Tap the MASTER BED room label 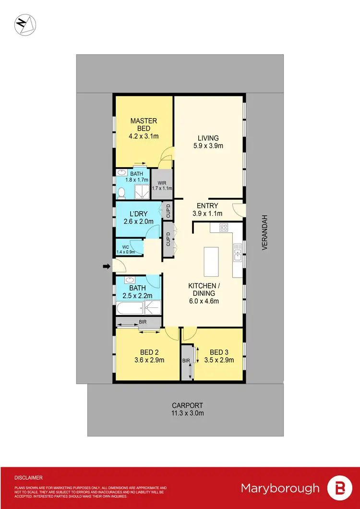144,125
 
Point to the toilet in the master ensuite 122,193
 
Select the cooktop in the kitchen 223,228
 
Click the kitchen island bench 210,262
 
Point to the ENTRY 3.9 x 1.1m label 208,209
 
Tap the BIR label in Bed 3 186,360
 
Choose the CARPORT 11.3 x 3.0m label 185,409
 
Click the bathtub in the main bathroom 126,307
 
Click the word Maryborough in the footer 280,488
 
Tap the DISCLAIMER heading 28,478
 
